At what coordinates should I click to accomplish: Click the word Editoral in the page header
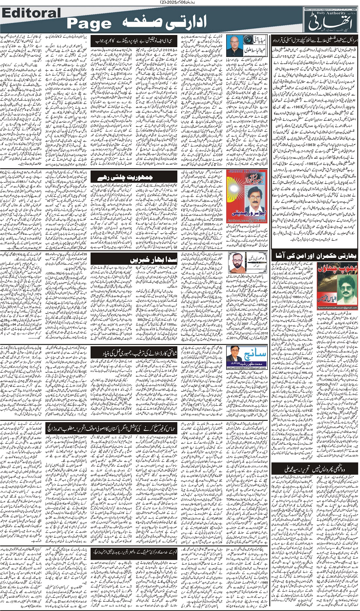point(31,13)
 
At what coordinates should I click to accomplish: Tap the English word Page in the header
point(89,24)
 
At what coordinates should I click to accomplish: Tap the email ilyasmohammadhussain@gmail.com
point(337,308)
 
